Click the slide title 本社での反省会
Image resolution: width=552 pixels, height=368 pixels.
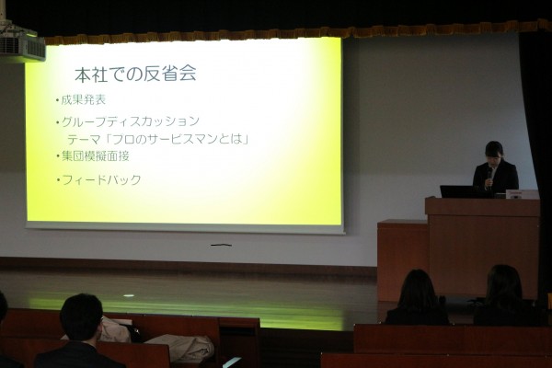coord(135,74)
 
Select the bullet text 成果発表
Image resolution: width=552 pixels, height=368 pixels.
coord(84,100)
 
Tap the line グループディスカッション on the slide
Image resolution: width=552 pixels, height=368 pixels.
coord(131,121)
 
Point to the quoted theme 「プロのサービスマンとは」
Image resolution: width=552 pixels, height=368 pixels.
coord(178,139)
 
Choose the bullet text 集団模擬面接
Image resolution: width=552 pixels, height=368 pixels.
coord(96,156)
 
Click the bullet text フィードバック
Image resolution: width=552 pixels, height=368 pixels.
coord(101,180)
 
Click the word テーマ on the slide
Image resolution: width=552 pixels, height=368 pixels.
coord(84,140)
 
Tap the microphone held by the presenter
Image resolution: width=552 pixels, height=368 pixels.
coord(489,175)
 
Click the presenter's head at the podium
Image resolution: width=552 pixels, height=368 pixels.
coord(495,152)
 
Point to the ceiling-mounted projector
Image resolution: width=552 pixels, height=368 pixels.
coord(22,46)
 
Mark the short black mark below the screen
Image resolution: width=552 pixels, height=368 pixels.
coord(221,245)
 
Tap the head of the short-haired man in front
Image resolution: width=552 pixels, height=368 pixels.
coord(81,317)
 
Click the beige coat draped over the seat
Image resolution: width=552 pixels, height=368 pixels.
coord(182,347)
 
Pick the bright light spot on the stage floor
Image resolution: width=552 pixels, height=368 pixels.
coord(129,295)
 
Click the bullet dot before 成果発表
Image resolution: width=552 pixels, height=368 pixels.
coord(57,101)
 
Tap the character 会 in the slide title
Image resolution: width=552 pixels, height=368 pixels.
coord(188,74)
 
